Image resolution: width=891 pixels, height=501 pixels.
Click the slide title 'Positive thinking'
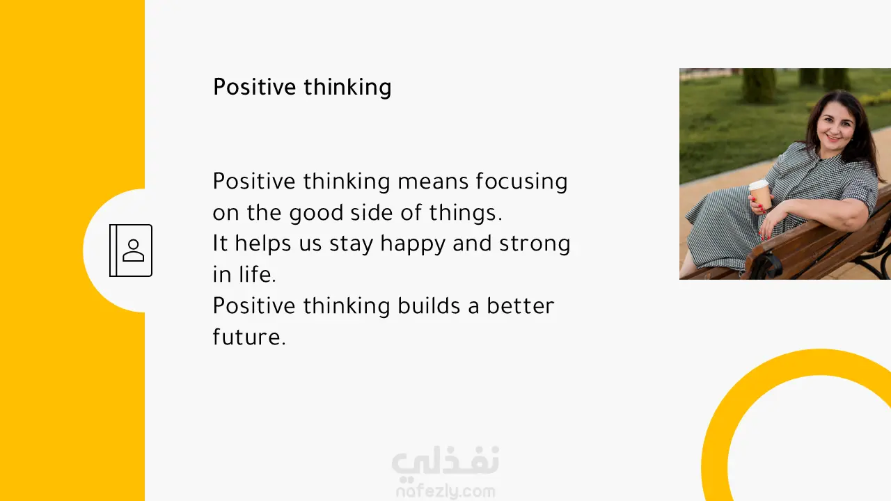coord(302,87)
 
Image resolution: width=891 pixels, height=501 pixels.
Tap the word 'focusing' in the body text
coord(521,182)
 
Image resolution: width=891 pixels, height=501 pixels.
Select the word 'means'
coord(433,182)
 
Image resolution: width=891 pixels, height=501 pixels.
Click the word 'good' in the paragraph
coord(316,213)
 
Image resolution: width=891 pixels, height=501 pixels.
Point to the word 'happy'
coord(413,244)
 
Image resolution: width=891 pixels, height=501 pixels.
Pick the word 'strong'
coord(535,244)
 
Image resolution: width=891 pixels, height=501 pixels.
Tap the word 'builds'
coord(429,305)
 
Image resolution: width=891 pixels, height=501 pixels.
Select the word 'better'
coord(520,305)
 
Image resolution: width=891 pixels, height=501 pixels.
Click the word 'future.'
coord(249,337)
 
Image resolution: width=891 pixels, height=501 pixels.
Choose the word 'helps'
coord(262,244)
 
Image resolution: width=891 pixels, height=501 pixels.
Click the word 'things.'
coord(466,213)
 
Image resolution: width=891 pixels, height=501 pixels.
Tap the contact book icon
coord(131,250)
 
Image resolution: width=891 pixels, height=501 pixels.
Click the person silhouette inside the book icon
coord(133,250)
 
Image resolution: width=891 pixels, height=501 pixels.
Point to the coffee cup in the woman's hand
coord(761,195)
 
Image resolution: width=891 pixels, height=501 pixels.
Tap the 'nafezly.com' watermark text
coord(445,491)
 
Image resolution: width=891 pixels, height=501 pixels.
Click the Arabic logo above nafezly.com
coord(445,461)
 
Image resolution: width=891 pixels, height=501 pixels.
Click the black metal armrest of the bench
coord(766,264)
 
